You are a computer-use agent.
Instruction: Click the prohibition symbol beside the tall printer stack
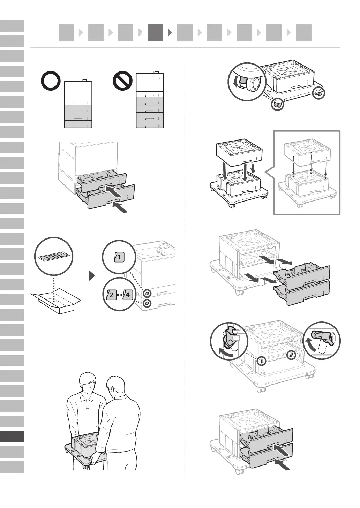[x=123, y=81]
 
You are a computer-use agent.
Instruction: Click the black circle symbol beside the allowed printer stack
[x=51, y=81]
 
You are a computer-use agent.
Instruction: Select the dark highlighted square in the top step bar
[x=155, y=32]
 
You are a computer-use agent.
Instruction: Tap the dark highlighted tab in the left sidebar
[x=12, y=437]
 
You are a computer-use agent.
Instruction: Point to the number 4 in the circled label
[x=128, y=295]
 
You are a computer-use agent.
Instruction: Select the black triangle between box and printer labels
[x=92, y=276]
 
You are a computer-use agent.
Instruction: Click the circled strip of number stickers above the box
[x=54, y=256]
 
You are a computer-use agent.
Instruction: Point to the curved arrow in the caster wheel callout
[x=235, y=82]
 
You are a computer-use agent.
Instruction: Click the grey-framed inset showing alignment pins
[x=307, y=173]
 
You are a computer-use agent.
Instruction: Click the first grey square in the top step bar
[x=66, y=32]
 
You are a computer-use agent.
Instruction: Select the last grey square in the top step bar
[x=303, y=32]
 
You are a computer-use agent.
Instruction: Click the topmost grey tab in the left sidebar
[x=12, y=25]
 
